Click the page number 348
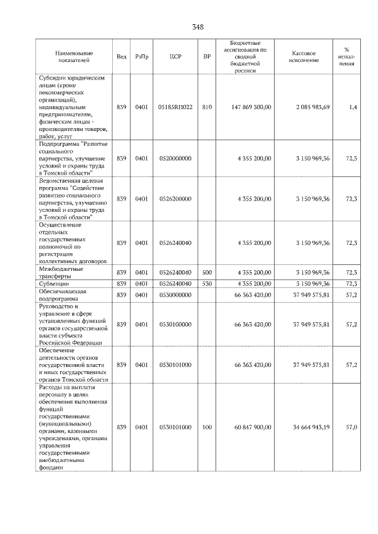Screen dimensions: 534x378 (197, 27)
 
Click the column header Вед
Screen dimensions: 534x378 (121, 57)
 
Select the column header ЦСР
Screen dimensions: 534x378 (175, 57)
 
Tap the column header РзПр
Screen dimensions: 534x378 (141, 57)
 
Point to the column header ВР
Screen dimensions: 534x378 (207, 57)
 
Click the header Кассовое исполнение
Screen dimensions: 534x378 (304, 57)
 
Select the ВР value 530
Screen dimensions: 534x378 (207, 284)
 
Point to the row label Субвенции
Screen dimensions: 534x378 (54, 284)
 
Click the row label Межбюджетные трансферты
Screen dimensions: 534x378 (61, 272)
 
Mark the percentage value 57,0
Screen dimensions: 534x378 (351, 427)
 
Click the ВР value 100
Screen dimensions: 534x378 (207, 427)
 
